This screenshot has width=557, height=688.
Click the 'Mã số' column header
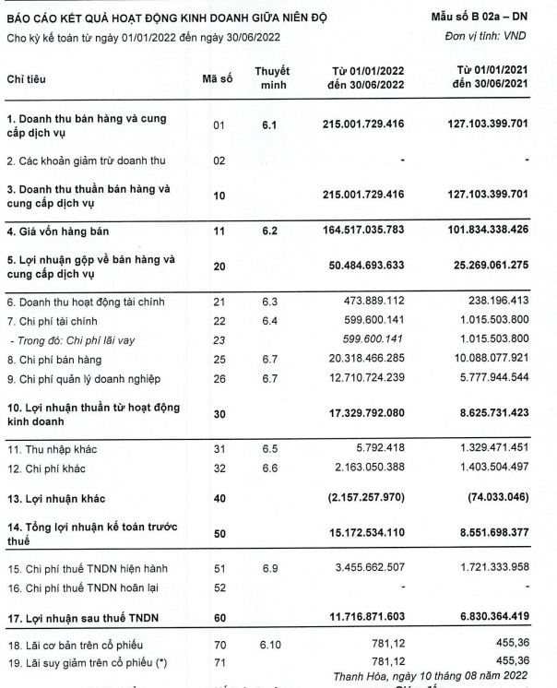click(x=217, y=79)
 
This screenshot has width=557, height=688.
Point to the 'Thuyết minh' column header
click(x=272, y=78)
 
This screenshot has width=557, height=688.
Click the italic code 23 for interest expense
click(x=219, y=340)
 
